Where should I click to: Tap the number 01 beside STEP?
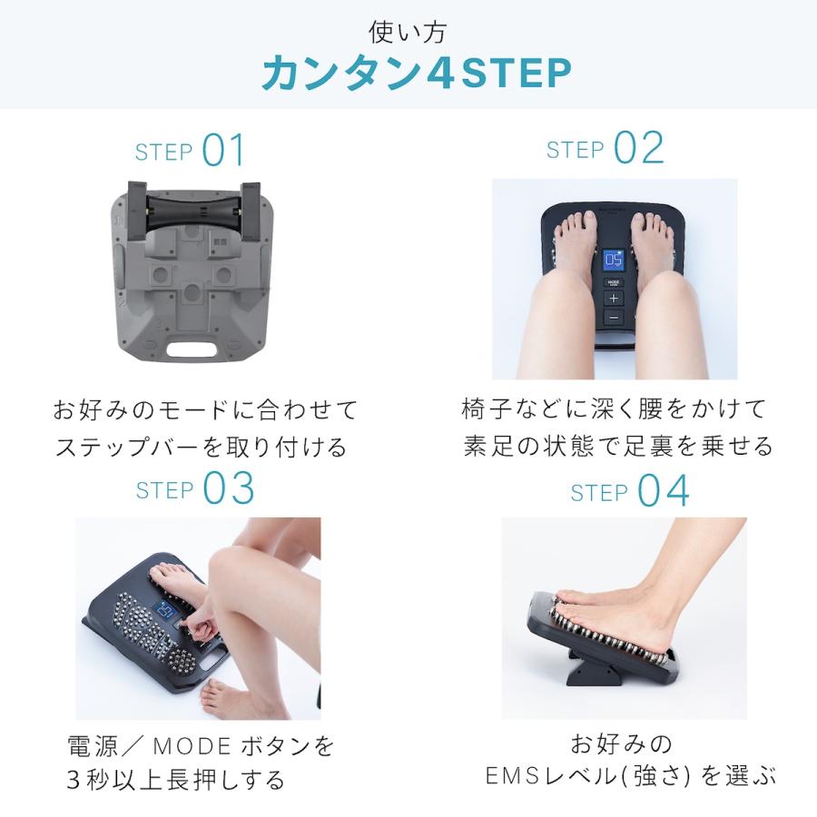tap(223, 151)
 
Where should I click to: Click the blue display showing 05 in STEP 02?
tap(614, 263)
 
